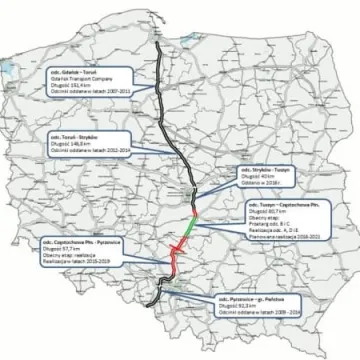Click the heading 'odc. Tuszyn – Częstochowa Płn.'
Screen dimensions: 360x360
pyautogui.click(x=280, y=202)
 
